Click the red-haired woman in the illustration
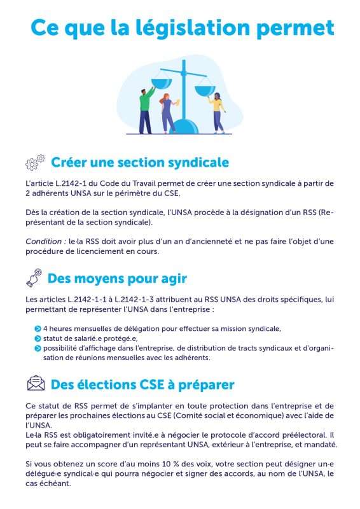168,111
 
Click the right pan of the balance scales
205,88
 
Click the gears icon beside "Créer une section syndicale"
36,162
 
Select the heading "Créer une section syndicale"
139,162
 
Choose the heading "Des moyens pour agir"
117,279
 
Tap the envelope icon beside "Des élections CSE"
36,384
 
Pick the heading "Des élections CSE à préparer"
142,384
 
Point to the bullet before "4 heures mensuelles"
38,329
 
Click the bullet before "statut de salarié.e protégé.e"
38,338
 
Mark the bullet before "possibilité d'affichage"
38,348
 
